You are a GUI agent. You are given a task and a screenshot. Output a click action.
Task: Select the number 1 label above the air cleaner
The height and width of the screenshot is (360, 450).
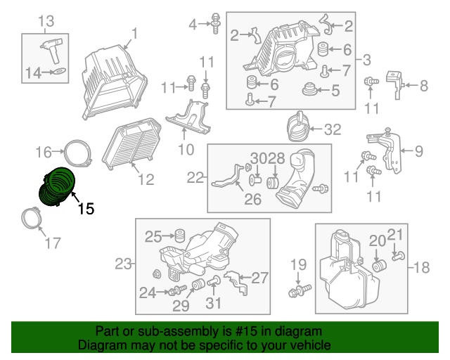click(134, 32)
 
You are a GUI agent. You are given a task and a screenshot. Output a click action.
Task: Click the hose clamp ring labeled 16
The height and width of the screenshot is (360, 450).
click(79, 150)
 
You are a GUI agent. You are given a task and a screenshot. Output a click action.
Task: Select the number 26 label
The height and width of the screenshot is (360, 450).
click(252, 200)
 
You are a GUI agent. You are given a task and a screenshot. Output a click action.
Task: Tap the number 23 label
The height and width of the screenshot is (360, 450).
click(124, 264)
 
